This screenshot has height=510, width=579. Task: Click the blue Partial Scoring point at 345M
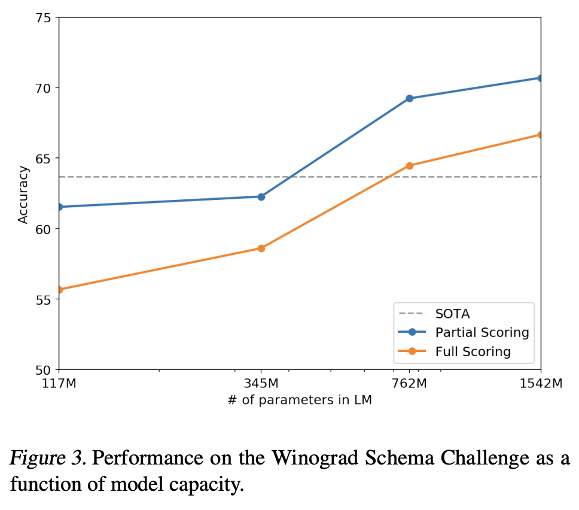(x=261, y=196)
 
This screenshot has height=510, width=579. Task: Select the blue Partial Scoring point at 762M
(x=410, y=98)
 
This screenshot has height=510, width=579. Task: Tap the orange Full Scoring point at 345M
(x=261, y=248)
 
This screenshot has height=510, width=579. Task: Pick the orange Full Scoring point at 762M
(x=410, y=166)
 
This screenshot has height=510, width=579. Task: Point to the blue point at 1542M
(x=540, y=78)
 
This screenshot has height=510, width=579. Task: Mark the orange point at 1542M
(x=540, y=135)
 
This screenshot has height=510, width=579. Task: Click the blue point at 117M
(x=59, y=207)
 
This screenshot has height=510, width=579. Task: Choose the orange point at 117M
(x=59, y=290)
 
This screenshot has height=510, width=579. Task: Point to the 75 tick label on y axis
(x=42, y=17)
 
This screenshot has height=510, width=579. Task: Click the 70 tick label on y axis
(x=42, y=87)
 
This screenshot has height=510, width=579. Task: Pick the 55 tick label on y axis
(x=42, y=299)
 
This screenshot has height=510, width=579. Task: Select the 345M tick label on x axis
(x=261, y=384)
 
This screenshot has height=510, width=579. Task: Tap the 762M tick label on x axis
(x=410, y=384)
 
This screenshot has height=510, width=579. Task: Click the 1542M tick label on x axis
(x=540, y=384)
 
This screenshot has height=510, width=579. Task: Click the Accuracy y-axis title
(x=23, y=195)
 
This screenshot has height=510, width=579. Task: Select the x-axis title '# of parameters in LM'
(x=300, y=400)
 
